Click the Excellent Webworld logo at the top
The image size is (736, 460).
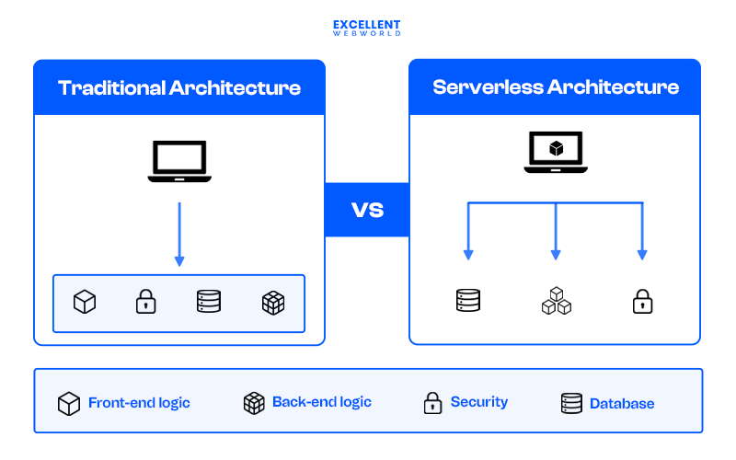[367, 28]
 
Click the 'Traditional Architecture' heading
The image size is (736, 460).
[179, 88]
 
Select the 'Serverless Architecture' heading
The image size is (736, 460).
[556, 88]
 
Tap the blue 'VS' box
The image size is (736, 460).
[367, 210]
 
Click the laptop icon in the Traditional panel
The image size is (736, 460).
[179, 162]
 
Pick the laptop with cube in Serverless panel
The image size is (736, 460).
[556, 153]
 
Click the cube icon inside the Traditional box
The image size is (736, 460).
[85, 302]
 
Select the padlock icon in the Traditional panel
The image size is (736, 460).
[146, 302]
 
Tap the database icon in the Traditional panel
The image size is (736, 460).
[209, 302]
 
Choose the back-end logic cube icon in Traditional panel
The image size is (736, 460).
[273, 302]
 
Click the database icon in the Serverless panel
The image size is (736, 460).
[468, 301]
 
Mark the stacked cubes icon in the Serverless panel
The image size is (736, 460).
[556, 301]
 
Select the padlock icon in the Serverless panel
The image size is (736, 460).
[642, 301]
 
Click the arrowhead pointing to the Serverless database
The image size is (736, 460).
[468, 253]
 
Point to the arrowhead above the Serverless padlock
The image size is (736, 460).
[642, 253]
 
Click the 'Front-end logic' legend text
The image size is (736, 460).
[139, 403]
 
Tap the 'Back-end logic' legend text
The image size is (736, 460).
[321, 402]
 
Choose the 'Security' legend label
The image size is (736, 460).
[478, 402]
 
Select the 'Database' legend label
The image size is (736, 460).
[622, 403]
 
